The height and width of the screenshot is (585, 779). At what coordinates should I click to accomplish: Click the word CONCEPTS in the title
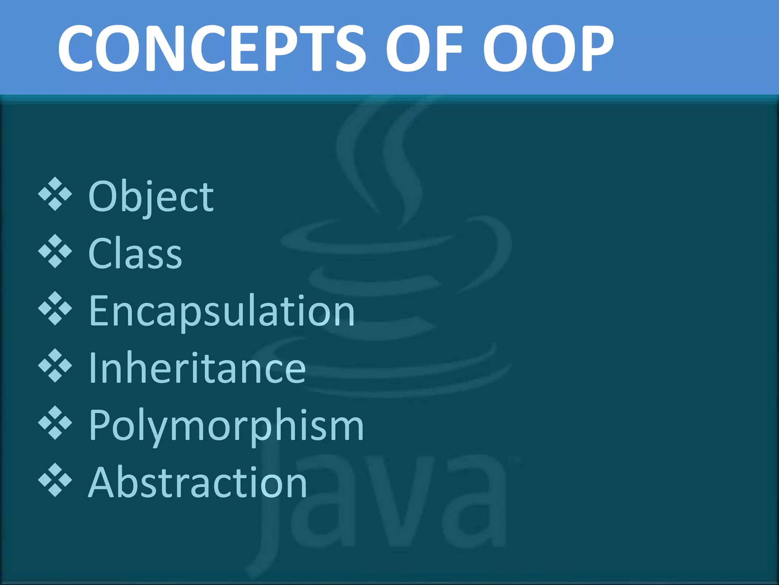click(211, 48)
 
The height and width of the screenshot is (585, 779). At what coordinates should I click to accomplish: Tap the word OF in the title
click(424, 48)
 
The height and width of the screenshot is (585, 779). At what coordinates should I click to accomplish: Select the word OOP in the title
click(548, 48)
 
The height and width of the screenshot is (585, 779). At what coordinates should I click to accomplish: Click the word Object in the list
click(151, 197)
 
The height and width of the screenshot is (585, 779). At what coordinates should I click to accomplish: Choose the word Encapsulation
click(222, 312)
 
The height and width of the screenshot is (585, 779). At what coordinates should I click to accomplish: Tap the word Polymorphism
click(226, 426)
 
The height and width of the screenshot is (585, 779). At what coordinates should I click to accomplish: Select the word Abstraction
click(197, 483)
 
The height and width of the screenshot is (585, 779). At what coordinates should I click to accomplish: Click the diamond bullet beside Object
click(55, 194)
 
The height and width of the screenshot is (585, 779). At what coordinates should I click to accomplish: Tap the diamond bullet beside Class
click(55, 251)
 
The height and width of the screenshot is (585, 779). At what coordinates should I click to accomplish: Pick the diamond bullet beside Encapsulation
click(55, 308)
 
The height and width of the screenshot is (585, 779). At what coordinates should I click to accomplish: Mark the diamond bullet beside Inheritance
click(55, 366)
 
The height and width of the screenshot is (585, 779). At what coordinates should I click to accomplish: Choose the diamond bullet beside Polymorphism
click(55, 423)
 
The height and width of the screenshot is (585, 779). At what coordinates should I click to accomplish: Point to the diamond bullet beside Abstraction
click(55, 480)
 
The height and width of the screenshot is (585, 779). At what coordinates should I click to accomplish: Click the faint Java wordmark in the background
click(380, 507)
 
